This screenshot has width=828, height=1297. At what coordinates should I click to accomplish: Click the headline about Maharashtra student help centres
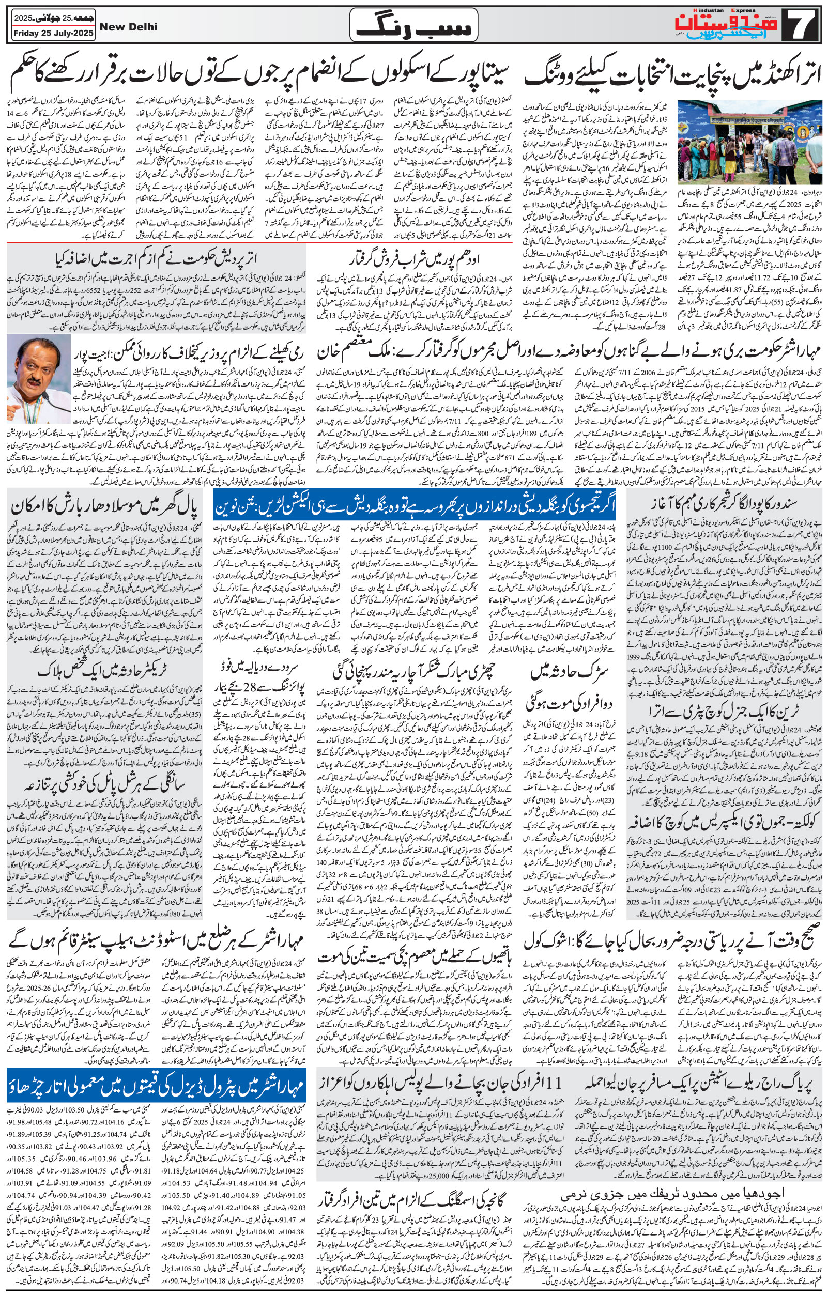[157, 939]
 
